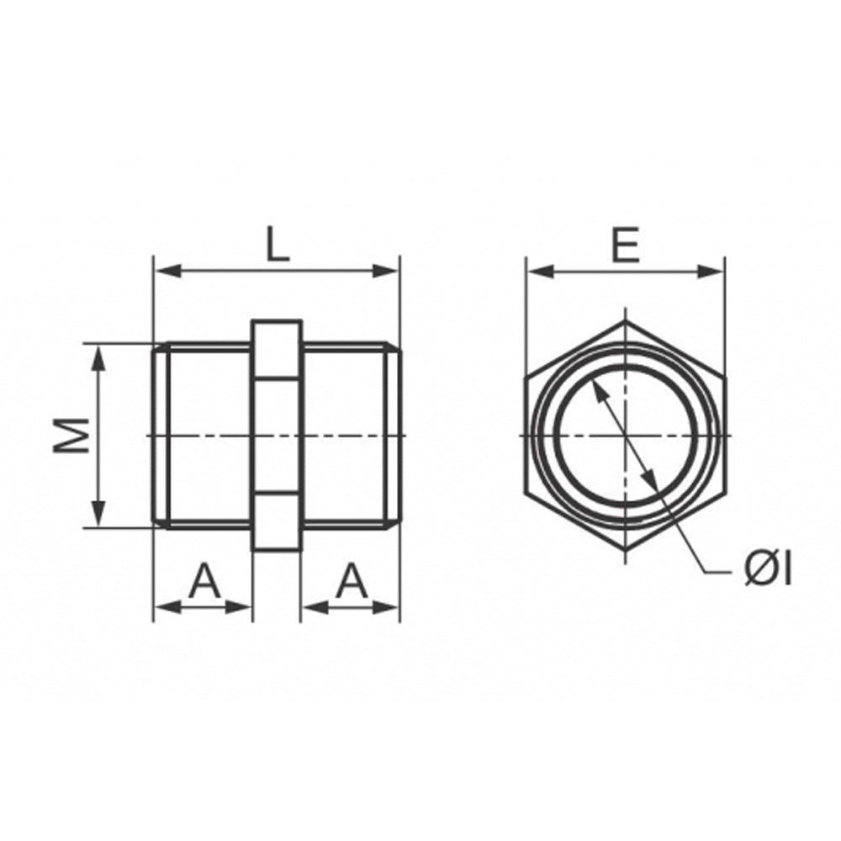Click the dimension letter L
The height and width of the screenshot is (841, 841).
(278, 244)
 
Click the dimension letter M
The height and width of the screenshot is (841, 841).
(71, 436)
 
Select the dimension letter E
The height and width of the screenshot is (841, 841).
(626, 245)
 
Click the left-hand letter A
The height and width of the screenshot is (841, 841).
(204, 580)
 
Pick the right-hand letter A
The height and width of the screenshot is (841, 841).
(352, 580)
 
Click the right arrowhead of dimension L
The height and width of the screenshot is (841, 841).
(386, 272)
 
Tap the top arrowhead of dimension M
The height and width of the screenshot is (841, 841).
(98, 357)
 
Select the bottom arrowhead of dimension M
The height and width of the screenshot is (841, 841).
(98, 514)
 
